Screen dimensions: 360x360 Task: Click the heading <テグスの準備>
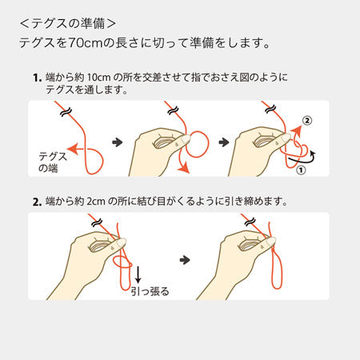coord(68,23)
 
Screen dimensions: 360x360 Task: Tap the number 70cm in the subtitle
coord(85,42)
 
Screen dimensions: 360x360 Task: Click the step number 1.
coord(37,78)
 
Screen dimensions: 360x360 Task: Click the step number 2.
coord(37,202)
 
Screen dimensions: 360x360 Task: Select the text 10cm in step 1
coord(98,78)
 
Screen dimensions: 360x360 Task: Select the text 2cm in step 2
coord(96,202)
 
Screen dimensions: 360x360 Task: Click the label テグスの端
coord(52,162)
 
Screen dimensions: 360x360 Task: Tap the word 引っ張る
coord(150,291)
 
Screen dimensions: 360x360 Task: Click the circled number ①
coord(301,170)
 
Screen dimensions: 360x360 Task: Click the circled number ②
coord(307,121)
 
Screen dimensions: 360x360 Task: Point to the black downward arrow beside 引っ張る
coord(138,274)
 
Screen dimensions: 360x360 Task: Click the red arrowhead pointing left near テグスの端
coord(73,149)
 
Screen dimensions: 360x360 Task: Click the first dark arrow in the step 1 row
coord(118,142)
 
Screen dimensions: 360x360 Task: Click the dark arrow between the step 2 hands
coord(185,260)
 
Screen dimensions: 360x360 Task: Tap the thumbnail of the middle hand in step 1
coord(186,138)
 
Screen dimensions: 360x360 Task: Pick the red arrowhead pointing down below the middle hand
coord(183,168)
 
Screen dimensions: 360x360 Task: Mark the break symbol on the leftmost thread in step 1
coord(66,112)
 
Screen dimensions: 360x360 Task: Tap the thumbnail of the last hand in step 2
coord(270,242)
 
